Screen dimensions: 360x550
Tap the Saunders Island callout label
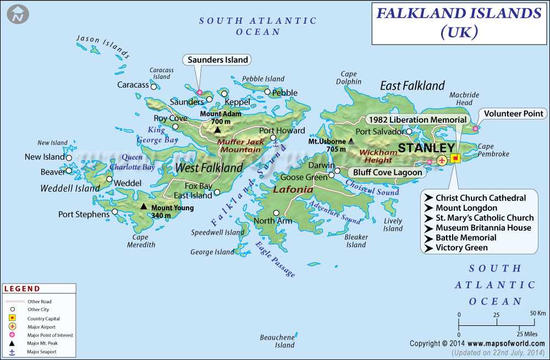[x=218, y=59]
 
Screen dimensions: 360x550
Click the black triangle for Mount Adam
[x=218, y=130]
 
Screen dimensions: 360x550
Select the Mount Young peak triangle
[x=144, y=206]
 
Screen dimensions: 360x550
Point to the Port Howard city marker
[x=273, y=138]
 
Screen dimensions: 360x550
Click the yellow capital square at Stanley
[x=455, y=159]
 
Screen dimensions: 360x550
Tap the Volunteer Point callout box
[x=514, y=114]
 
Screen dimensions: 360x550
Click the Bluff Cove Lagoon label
[x=387, y=172]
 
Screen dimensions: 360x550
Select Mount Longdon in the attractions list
[x=466, y=208]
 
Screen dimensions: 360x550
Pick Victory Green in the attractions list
[x=461, y=248]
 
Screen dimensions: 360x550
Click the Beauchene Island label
[x=277, y=341]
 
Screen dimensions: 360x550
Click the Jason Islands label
[x=103, y=47]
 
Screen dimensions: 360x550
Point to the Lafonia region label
[x=293, y=189]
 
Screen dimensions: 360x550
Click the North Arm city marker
[x=276, y=213]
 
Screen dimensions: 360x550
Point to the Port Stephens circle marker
[x=115, y=211]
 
